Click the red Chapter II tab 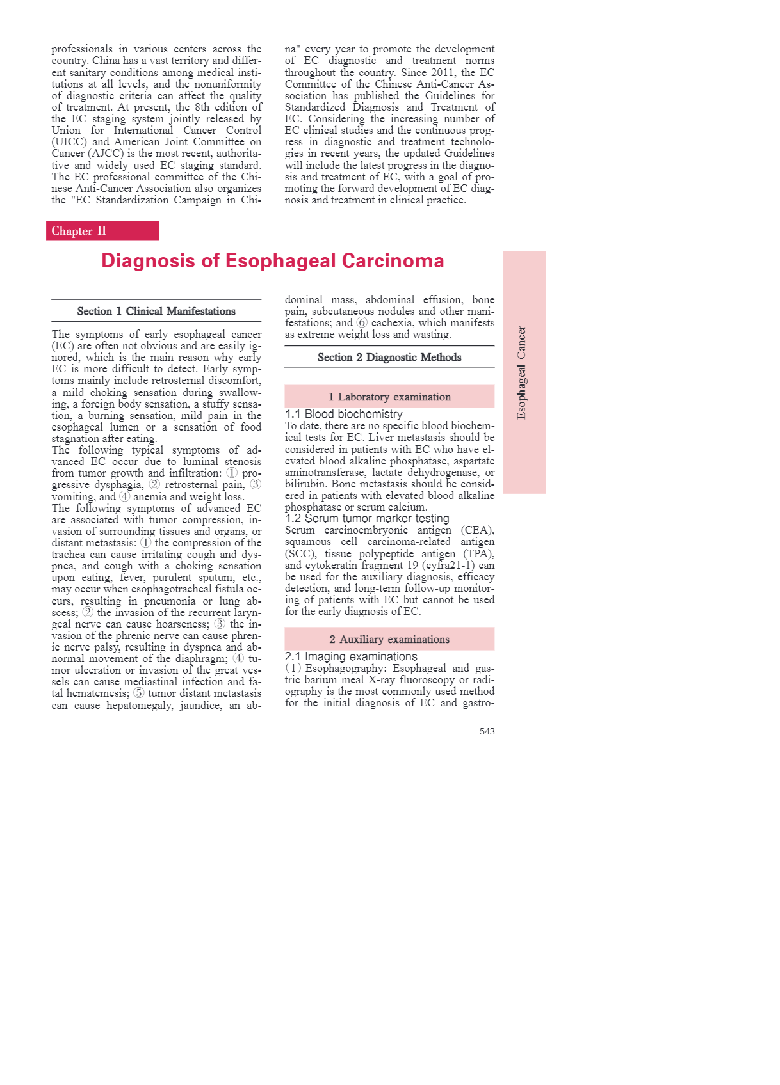102,231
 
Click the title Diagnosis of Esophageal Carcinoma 272,261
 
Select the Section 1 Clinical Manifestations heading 156,312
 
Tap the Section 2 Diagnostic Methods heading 389,358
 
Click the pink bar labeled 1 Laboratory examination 389,397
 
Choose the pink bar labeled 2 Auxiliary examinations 389,639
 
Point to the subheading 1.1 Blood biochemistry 344,414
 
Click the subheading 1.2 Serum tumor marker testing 367,518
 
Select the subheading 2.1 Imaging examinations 351,656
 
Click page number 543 487,731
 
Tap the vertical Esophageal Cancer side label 522,372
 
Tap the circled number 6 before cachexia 362,323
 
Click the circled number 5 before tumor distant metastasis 139,693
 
